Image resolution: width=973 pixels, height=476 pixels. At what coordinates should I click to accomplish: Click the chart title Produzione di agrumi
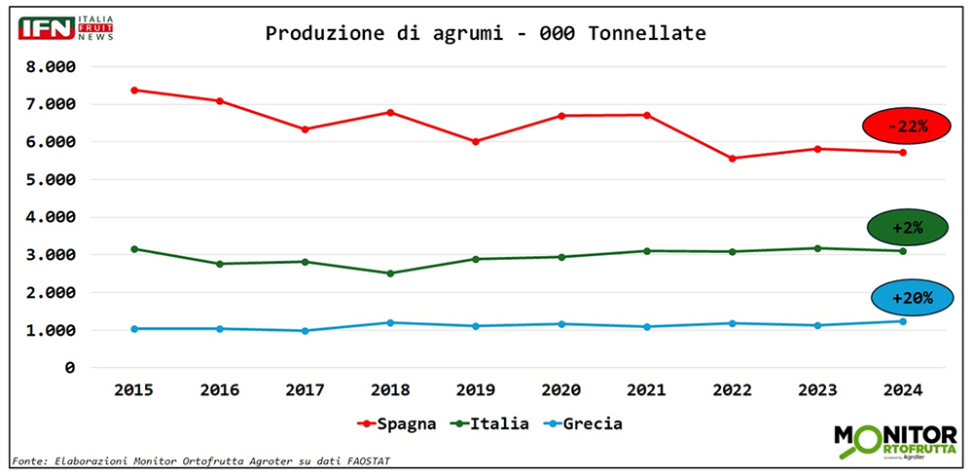click(x=486, y=33)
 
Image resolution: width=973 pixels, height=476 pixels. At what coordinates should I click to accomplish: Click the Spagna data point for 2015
click(x=133, y=90)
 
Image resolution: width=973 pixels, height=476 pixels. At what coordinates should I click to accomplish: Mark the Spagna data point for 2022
click(x=732, y=158)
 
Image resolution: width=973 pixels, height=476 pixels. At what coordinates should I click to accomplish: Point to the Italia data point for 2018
click(x=390, y=273)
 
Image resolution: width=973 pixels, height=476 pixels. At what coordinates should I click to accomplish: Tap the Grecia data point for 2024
click(x=904, y=321)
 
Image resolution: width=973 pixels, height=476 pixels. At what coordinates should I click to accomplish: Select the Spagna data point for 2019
click(x=476, y=141)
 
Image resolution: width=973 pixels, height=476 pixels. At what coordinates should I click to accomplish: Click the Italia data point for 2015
click(x=133, y=249)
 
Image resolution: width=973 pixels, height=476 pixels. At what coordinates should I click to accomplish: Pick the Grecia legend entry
click(x=582, y=423)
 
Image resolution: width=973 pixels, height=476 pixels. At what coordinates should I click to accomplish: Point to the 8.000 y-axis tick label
click(x=51, y=67)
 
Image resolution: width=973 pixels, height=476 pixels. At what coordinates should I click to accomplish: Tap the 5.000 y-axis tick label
click(x=51, y=180)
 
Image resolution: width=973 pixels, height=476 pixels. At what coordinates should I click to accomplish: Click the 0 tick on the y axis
click(x=69, y=368)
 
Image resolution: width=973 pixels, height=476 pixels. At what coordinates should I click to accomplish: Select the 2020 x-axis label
click(x=561, y=389)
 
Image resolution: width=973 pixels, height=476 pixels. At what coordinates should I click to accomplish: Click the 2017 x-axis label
click(x=305, y=389)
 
